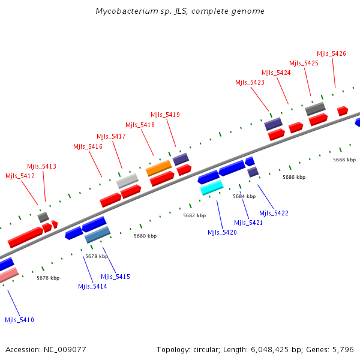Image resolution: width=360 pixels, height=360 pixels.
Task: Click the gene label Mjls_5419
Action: coord(165,115)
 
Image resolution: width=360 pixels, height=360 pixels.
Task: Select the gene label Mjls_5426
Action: coord(331,54)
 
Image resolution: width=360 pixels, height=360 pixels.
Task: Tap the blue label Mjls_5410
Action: coord(19,320)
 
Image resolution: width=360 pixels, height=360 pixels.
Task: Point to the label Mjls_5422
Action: coord(274,213)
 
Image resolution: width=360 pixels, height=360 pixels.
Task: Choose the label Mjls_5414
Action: coord(92,287)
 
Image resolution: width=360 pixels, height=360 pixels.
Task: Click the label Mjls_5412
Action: coord(20,176)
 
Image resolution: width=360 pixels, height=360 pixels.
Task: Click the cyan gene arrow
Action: coord(212,188)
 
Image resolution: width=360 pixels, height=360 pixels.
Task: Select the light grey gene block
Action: coord(127,180)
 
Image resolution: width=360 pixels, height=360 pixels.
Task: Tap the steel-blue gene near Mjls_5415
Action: coord(97,235)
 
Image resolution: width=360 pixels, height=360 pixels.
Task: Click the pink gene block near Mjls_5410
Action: coord(8,275)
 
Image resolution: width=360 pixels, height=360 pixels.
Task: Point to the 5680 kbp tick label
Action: coord(145,236)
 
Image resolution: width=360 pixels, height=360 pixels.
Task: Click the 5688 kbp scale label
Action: coord(344,160)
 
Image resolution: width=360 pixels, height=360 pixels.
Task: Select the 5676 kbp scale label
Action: coord(48,278)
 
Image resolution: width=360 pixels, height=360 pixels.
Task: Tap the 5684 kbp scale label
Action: coord(244,196)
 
